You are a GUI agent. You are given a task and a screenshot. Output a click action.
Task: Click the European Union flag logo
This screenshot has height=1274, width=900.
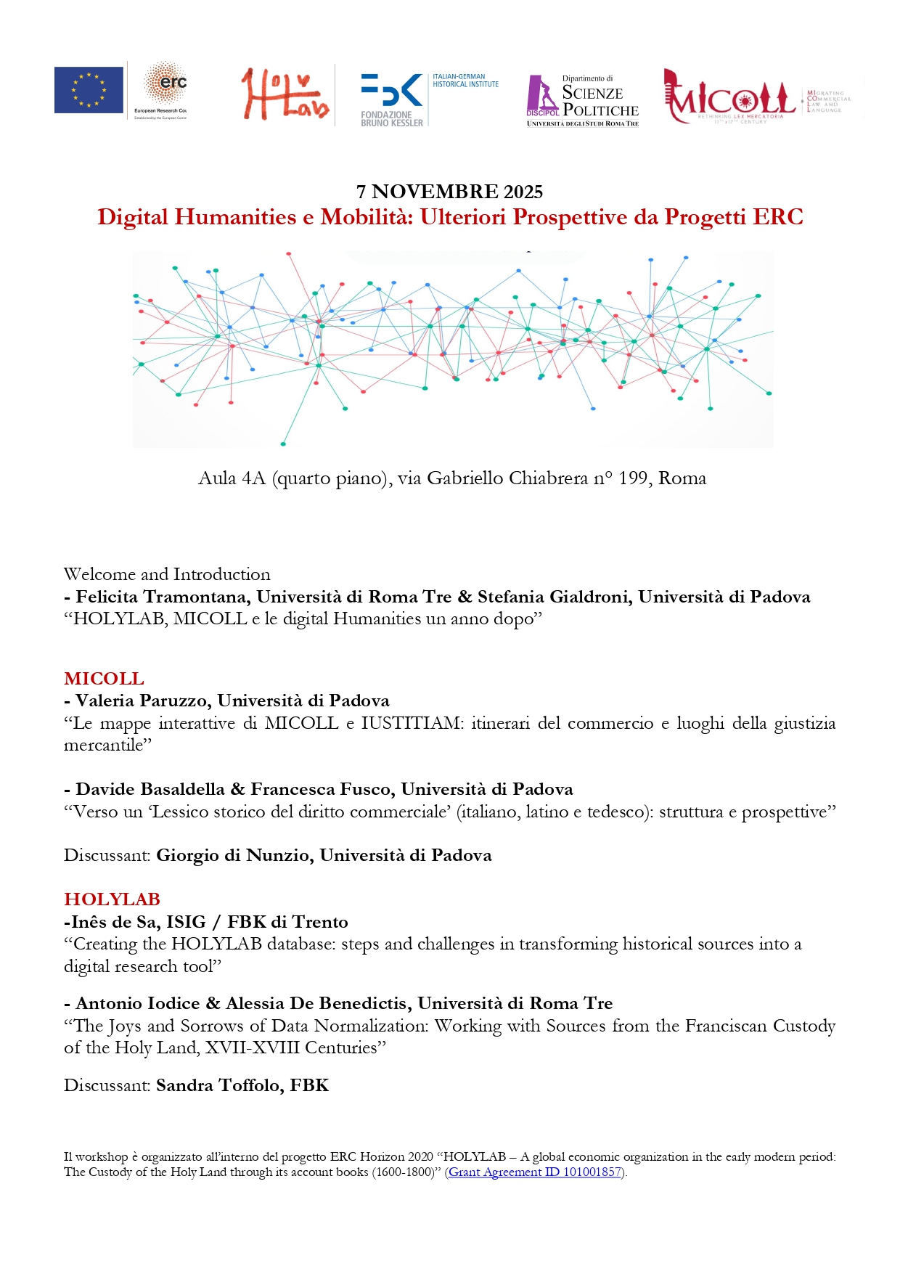[89, 90]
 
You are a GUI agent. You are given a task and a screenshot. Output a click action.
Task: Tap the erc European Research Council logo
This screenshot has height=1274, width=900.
[161, 90]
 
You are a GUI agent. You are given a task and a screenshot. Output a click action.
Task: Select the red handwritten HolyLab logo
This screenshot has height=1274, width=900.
[285, 94]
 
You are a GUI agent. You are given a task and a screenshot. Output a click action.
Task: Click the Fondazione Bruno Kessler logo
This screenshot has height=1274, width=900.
[392, 99]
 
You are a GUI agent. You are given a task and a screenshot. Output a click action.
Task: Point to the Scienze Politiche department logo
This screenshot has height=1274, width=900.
[583, 101]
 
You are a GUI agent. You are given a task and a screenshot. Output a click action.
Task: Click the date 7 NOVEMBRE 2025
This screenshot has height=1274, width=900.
[449, 192]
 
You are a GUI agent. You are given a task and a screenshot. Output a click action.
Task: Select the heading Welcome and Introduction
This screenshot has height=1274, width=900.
[167, 574]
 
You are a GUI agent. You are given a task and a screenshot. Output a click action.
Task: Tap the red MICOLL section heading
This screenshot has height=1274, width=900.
[104, 679]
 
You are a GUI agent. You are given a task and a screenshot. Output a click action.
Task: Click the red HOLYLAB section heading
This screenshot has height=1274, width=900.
[112, 899]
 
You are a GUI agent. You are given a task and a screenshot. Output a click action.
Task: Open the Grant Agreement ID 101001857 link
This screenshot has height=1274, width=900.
[535, 1172]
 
